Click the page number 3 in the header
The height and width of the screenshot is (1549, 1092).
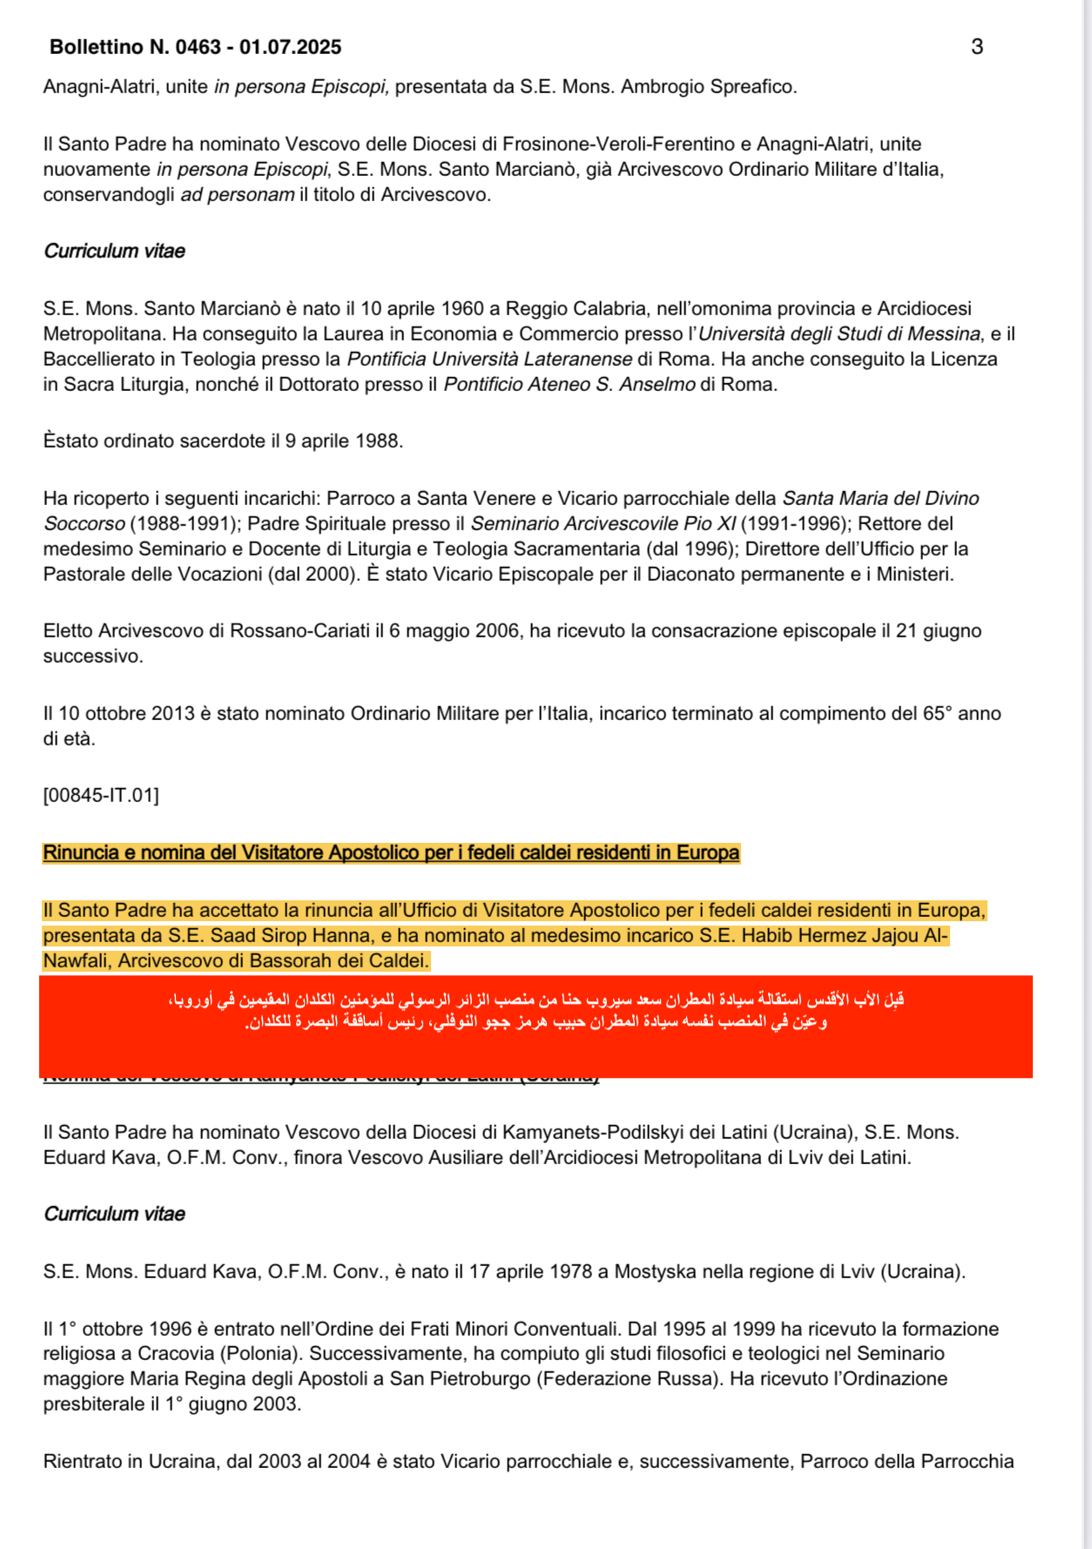click(x=976, y=47)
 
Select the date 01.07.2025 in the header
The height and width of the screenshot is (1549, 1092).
click(x=290, y=47)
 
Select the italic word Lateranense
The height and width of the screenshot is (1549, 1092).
click(x=577, y=360)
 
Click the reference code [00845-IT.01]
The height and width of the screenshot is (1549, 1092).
click(x=101, y=795)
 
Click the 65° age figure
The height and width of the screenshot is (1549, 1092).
click(x=934, y=714)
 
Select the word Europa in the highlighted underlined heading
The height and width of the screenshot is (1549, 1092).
click(x=710, y=853)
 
